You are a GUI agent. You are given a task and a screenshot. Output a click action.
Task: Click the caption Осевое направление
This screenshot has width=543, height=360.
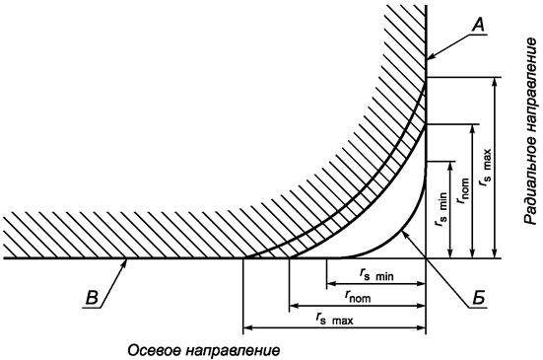click(203, 349)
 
